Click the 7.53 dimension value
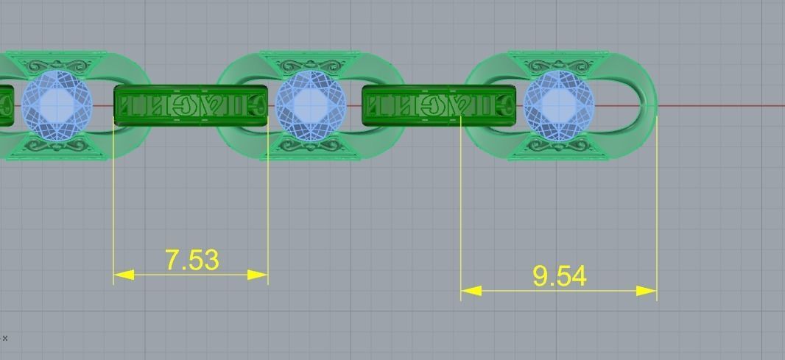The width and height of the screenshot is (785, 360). tap(192, 260)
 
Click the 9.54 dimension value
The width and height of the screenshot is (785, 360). tap(559, 276)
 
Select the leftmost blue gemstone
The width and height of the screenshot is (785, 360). tap(57, 105)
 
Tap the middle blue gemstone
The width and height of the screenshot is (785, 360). tap(310, 105)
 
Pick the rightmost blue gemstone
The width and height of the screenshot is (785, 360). tap(559, 105)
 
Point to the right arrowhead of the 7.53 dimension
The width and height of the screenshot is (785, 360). tap(258, 275)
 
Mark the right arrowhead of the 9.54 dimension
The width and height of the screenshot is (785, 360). tap(647, 291)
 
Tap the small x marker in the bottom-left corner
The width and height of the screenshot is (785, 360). tap(5, 338)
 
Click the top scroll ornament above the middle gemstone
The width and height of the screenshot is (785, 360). tap(310, 64)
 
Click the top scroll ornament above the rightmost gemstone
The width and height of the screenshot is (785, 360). tap(559, 64)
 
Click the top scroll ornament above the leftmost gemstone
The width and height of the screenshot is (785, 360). tap(57, 64)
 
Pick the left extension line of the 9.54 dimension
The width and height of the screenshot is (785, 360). tap(461, 206)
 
